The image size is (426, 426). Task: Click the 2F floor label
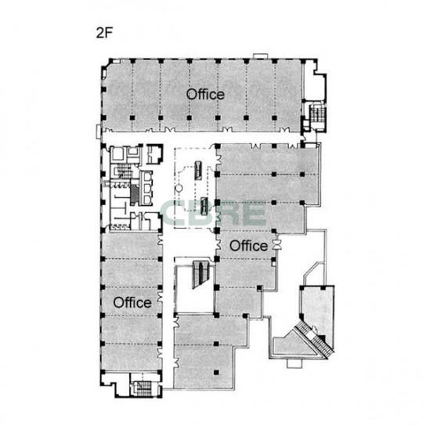(x=104, y=33)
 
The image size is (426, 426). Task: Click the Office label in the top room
(x=205, y=94)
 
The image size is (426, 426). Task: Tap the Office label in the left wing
(x=132, y=302)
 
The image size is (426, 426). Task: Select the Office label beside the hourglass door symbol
(x=249, y=246)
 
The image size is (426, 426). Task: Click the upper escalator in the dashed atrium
(x=198, y=170)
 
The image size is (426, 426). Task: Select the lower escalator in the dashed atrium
(x=204, y=206)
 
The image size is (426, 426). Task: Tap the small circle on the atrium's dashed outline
(x=179, y=188)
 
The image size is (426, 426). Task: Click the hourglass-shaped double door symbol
(x=278, y=245)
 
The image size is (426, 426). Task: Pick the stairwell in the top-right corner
(x=317, y=114)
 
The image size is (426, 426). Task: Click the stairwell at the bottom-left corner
(x=143, y=388)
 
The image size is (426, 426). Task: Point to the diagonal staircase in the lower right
(x=315, y=339)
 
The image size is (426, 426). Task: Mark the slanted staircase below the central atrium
(x=201, y=274)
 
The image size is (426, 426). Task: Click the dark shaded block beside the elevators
(x=134, y=195)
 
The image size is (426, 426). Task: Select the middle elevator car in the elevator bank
(x=148, y=188)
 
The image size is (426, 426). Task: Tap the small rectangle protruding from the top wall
(x=261, y=56)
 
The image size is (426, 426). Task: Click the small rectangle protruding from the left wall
(x=99, y=132)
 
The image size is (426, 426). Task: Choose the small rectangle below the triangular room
(x=294, y=363)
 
